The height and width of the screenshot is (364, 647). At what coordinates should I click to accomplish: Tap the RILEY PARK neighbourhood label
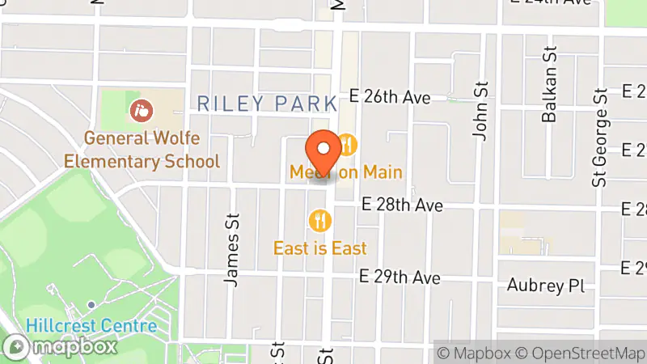point(267,104)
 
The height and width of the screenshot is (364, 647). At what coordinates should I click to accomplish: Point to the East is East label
point(320,248)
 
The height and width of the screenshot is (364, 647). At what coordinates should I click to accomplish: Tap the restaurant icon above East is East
point(320,219)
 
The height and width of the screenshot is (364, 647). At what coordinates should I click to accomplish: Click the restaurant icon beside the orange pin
point(348,146)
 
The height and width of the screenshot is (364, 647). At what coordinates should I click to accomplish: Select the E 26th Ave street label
point(390,97)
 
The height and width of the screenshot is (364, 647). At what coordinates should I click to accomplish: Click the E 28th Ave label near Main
point(402,206)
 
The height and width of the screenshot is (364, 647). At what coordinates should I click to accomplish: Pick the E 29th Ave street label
point(401,277)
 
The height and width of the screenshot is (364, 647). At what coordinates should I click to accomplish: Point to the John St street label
point(483,110)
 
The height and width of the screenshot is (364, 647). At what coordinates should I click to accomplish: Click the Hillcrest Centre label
point(91,326)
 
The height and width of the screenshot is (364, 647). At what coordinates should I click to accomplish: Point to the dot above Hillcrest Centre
point(91,305)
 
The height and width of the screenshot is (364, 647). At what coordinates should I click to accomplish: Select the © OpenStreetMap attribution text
point(581,353)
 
